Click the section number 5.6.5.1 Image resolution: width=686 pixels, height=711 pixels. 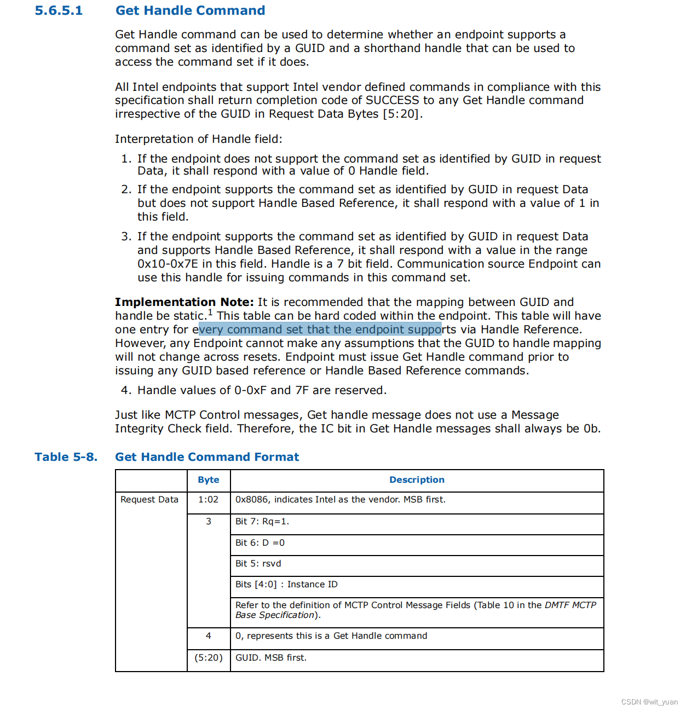tap(59, 11)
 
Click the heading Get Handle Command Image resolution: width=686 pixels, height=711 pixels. tap(190, 11)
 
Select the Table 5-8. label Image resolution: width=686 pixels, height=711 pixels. tap(66, 457)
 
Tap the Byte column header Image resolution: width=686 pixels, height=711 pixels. tap(209, 480)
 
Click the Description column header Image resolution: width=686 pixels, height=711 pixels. tap(417, 480)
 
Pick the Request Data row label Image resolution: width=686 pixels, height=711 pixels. tap(149, 500)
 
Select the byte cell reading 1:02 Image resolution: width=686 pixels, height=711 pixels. tap(209, 500)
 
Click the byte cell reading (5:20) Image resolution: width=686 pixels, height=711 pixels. tap(209, 658)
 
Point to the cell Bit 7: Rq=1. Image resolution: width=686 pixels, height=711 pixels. tap(262, 522)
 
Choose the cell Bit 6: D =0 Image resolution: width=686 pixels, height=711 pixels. tap(260, 543)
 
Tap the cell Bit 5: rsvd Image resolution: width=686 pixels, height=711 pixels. tap(258, 564)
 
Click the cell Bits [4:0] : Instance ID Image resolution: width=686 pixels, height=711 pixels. tap(286, 585)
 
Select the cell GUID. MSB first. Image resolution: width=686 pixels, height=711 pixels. tap(271, 658)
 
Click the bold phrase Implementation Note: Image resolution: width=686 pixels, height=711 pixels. tap(185, 302)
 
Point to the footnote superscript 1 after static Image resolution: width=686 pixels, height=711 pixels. tap(210, 313)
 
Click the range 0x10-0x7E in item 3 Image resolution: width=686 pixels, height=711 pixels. tap(168, 264)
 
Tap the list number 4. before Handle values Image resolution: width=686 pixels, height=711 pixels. tap(126, 390)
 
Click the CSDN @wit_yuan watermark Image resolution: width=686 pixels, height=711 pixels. tap(649, 702)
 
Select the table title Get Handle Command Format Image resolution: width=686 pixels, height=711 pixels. tap(207, 457)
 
